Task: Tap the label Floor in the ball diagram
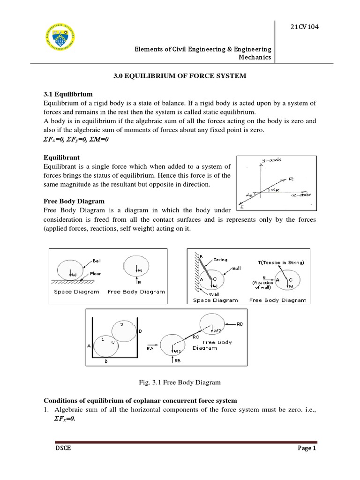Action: point(96,273)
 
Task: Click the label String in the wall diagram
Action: point(220,259)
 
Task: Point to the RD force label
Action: point(240,323)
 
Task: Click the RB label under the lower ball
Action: point(177,361)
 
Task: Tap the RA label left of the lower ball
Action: point(150,348)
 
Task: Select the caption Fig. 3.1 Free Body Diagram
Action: point(180,382)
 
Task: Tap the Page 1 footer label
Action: point(307,448)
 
